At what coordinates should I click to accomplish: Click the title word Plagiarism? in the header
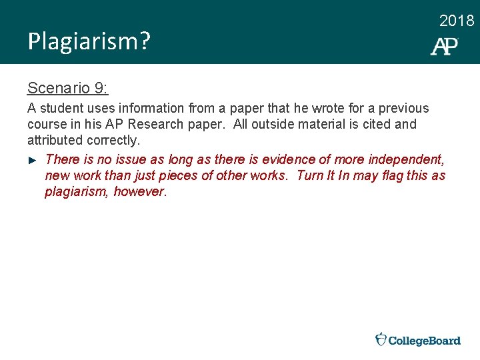click(x=89, y=42)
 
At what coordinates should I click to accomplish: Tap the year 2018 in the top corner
click(x=457, y=21)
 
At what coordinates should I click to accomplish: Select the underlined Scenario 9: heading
click(x=68, y=88)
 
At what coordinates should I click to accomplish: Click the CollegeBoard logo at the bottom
click(x=418, y=340)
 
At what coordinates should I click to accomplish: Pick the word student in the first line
click(x=58, y=108)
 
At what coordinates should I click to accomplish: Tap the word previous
click(x=404, y=108)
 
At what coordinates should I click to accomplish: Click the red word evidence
click(x=287, y=159)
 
